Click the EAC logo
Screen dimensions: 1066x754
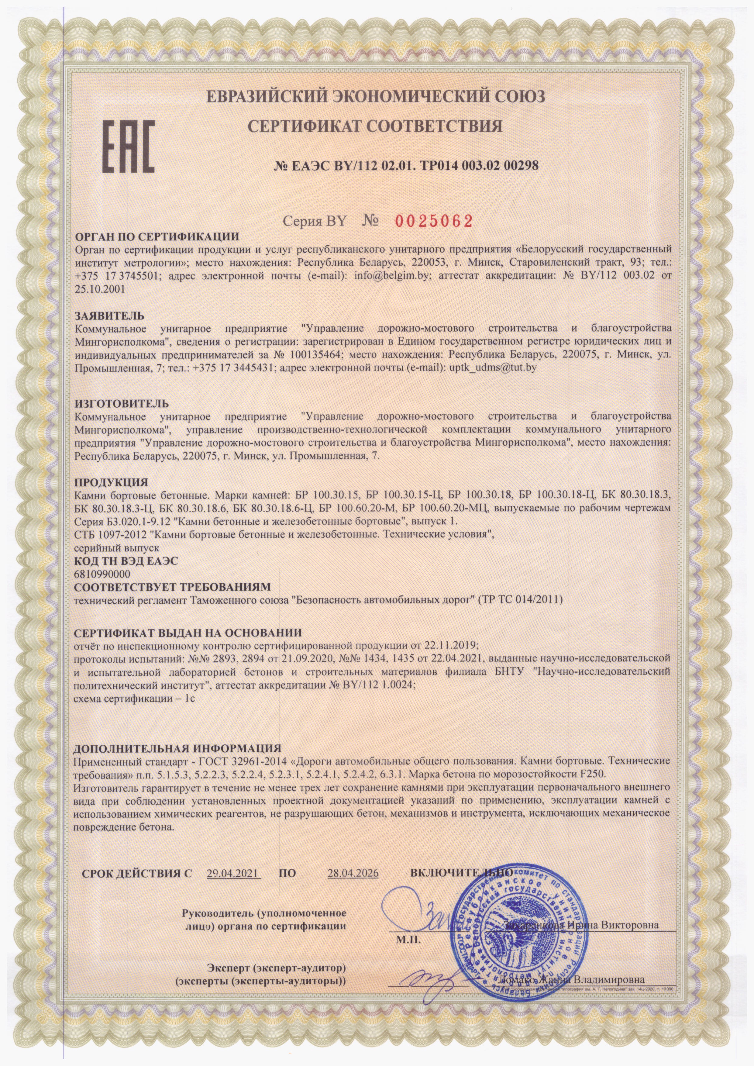[129, 141]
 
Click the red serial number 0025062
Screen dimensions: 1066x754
[434, 221]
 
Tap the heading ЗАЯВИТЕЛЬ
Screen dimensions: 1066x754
[110, 316]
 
